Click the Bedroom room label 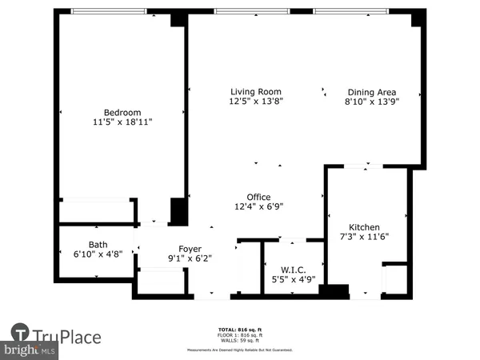[122, 112]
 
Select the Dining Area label [371, 92]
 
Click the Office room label [258, 197]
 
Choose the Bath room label [98, 245]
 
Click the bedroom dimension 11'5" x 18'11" [122, 123]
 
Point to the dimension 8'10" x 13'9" [371, 102]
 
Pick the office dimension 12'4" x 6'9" [258, 207]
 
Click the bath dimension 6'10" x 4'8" [98, 255]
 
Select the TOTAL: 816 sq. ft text [240, 330]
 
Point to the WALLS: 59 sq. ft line [240, 340]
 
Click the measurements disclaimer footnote [240, 350]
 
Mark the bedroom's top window [109, 11]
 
